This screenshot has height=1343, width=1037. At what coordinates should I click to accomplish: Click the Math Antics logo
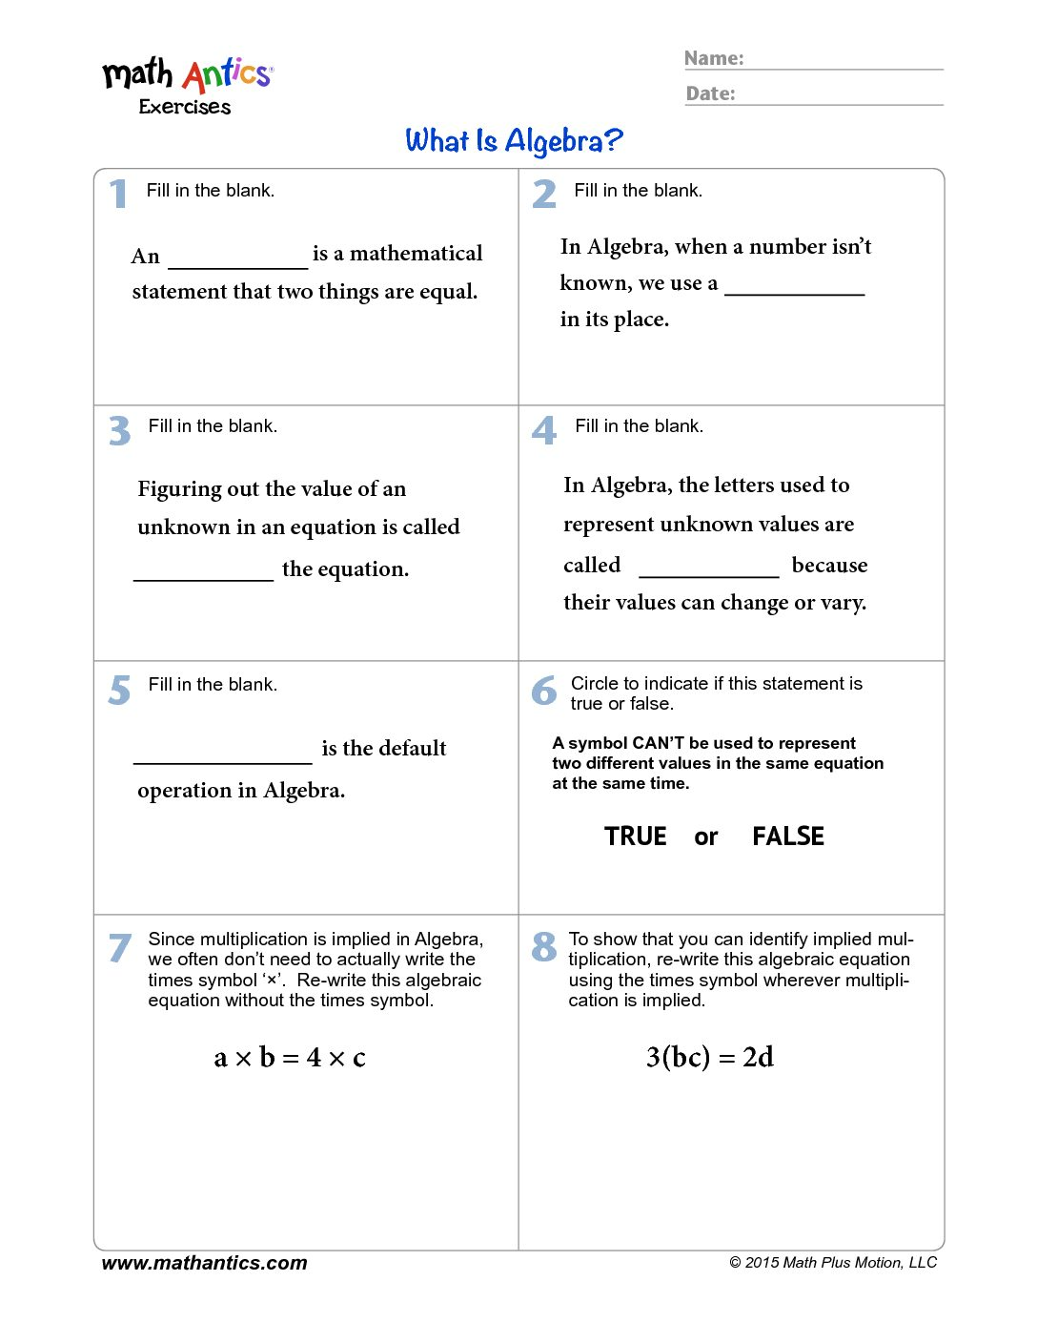pos(187,84)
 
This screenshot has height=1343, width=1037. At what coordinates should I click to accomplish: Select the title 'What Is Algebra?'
pos(514,141)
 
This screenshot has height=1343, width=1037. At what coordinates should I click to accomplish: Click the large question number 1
pos(117,194)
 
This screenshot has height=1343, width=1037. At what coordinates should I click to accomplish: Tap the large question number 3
pos(119,430)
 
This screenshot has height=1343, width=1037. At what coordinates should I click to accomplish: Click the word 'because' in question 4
pos(829,566)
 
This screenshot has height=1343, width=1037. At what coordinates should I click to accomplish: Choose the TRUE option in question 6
pos(635,837)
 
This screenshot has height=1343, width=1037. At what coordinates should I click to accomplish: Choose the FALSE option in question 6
pos(787,837)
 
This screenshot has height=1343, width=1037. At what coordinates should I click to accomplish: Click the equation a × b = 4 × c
pos(290,1058)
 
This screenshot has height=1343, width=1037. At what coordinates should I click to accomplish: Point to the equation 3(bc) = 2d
pos(709,1057)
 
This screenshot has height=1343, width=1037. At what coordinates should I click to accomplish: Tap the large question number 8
pos(543,946)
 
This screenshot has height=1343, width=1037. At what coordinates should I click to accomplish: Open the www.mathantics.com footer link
pos(204,1263)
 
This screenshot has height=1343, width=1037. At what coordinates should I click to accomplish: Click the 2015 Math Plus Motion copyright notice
pos(833,1263)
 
